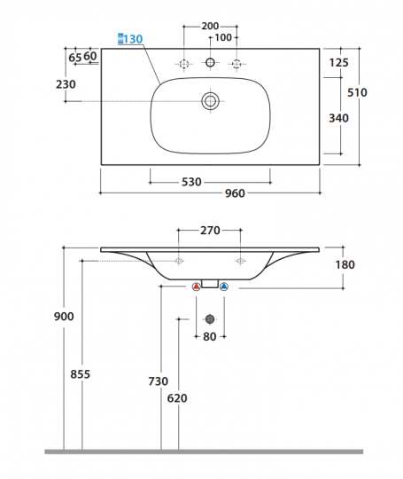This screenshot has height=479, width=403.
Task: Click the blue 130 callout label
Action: [130, 39]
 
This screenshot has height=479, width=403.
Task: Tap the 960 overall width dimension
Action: [235, 193]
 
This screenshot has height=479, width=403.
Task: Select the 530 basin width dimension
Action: [191, 182]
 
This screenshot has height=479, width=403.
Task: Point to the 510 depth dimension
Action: [357, 92]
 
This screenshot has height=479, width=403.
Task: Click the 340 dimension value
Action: [338, 118]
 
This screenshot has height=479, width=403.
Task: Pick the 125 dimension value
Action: [338, 63]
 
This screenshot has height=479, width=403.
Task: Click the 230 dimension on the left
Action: [66, 84]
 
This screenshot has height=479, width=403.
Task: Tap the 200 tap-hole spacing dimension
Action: [210, 26]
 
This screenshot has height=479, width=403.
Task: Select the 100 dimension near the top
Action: [223, 37]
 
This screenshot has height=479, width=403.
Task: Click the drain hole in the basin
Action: [210, 101]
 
